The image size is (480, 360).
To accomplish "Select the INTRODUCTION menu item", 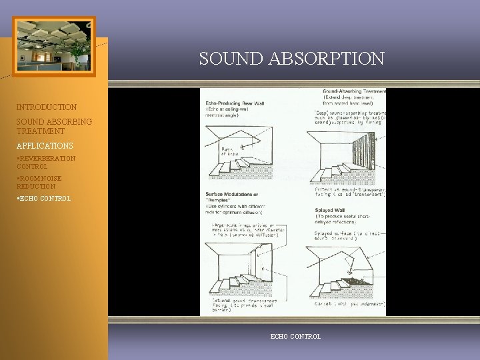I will (47, 107).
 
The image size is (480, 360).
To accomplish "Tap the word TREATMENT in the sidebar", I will (41, 131).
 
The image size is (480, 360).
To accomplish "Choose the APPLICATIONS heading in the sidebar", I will (45, 145).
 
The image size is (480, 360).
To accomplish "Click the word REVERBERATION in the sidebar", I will (47, 159).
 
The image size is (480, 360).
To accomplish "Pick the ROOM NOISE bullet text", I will (41, 179).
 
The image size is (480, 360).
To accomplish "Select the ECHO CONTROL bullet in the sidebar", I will (43, 199).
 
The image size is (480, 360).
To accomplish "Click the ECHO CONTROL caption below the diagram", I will (295, 337).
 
